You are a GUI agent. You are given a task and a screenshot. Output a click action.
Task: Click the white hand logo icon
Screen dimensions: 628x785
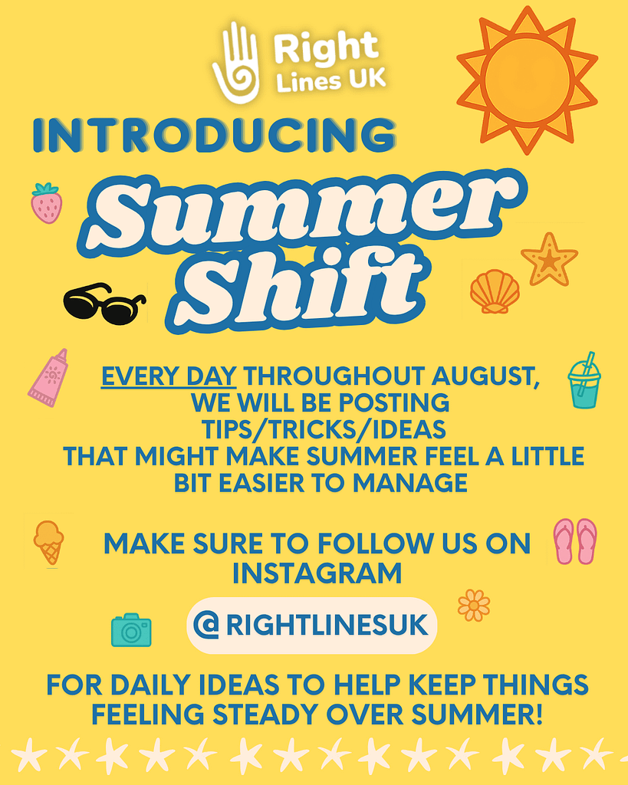click(235, 63)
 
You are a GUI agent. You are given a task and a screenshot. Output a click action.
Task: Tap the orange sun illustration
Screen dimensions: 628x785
click(527, 79)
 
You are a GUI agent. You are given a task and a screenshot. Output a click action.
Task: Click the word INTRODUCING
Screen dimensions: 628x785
click(215, 135)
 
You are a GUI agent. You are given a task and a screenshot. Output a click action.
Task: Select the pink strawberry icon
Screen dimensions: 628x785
click(47, 202)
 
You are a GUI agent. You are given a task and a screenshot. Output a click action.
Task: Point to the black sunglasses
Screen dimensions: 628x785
click(104, 304)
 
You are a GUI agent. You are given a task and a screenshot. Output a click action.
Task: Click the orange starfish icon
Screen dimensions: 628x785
click(549, 259)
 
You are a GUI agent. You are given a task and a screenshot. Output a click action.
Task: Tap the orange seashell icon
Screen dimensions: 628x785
click(495, 291)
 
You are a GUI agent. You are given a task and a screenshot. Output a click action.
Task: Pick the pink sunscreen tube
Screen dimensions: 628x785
click(48, 377)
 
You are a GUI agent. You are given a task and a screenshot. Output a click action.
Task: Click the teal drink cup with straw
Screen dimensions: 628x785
click(584, 380)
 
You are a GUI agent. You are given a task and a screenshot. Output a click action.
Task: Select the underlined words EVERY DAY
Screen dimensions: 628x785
click(169, 376)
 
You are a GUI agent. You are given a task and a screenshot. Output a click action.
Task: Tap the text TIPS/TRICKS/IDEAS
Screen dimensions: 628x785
click(324, 429)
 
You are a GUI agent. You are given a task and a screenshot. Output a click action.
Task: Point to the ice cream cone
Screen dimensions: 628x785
click(48, 543)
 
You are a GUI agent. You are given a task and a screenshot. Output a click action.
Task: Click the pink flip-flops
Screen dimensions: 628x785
click(575, 541)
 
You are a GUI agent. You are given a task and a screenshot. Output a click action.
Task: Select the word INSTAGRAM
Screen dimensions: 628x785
click(317, 573)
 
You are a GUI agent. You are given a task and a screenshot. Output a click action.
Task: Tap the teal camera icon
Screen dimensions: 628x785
click(131, 630)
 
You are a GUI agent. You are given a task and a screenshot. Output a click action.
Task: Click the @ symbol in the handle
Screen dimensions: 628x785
click(206, 625)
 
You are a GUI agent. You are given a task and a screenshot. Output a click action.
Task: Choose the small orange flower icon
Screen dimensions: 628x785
click(474, 606)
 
